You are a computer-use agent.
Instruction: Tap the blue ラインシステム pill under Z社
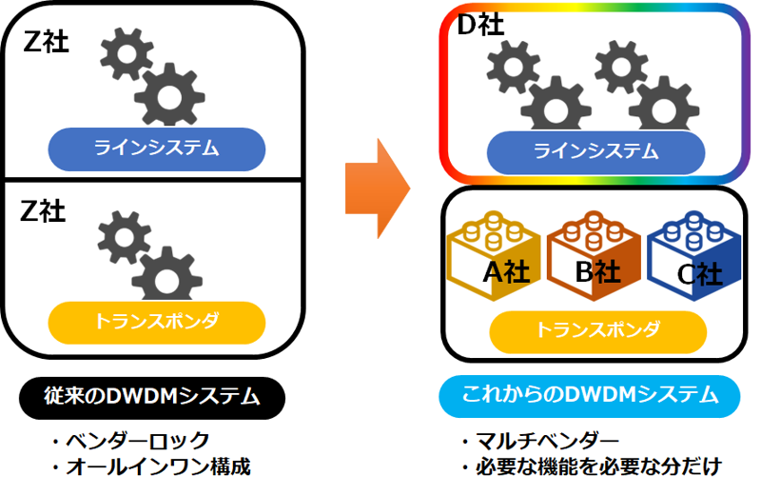(156, 148)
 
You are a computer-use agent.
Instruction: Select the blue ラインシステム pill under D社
(595, 150)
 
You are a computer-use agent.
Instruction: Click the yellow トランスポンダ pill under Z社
(156, 323)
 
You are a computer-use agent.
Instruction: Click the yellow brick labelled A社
(494, 259)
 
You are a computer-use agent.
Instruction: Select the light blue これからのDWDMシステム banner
(590, 396)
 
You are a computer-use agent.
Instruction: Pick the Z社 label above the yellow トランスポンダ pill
(44, 210)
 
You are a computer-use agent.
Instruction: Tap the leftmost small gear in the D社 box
(511, 68)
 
